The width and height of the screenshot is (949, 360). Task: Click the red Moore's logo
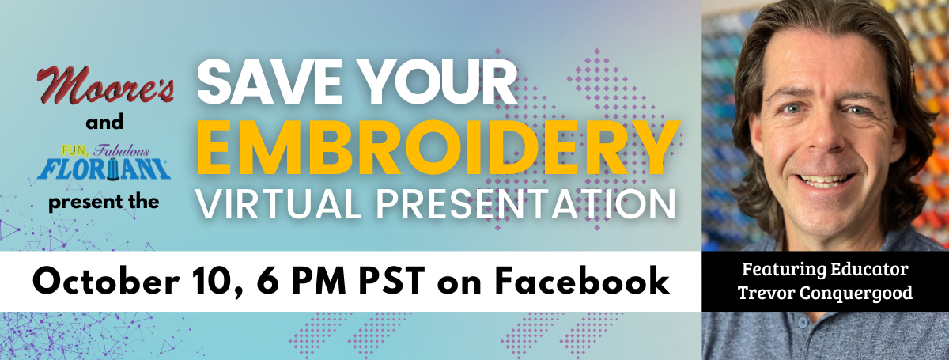point(105,85)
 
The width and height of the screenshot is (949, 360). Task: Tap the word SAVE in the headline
point(269,81)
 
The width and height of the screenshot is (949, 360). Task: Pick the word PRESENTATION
point(526,204)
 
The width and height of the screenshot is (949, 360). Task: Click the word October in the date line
point(106,281)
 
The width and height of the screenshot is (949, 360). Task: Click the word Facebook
point(583,281)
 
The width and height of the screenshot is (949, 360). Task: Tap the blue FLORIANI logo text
point(104,169)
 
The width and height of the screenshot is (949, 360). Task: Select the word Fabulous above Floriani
point(122,150)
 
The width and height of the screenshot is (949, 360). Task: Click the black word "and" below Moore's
point(104,123)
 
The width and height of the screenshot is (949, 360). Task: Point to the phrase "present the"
point(104,203)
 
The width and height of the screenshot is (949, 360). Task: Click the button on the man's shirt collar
point(803,323)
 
